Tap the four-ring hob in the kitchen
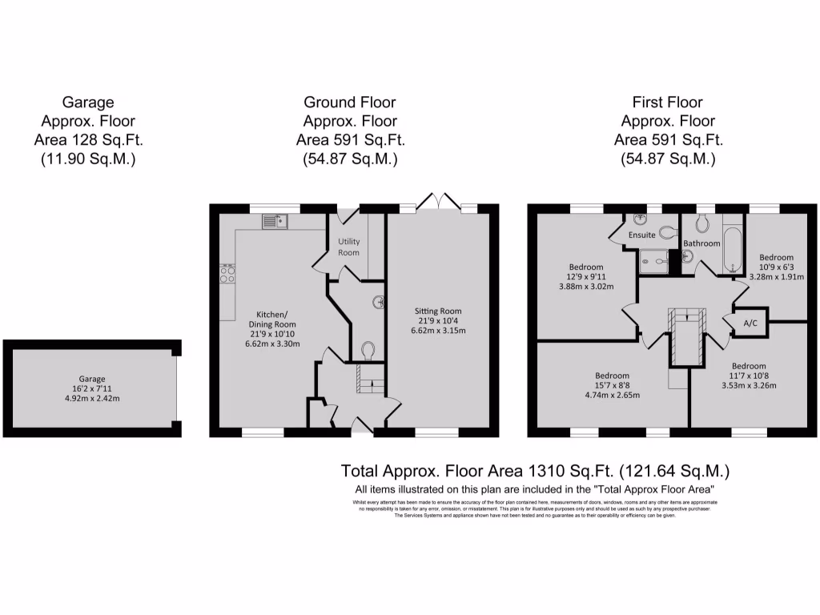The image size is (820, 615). point(228,275)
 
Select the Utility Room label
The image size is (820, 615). point(349,247)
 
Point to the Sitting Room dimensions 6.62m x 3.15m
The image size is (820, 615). point(438,330)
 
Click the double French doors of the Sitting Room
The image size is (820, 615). point(439,201)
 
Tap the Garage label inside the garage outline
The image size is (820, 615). point(91,379)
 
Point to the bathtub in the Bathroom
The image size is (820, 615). point(733,247)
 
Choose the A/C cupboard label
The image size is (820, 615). point(751,324)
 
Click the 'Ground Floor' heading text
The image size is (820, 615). point(350,102)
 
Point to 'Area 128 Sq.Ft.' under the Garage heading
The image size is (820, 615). point(88,140)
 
